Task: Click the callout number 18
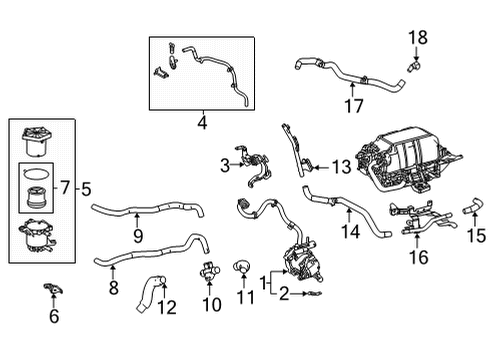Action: pos(417,37)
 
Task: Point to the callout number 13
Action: pos(202,124)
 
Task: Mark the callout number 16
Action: pos(416,257)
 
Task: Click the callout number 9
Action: pos(139,235)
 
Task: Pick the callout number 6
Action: pos(54,316)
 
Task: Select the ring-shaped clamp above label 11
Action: pos(241,267)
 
